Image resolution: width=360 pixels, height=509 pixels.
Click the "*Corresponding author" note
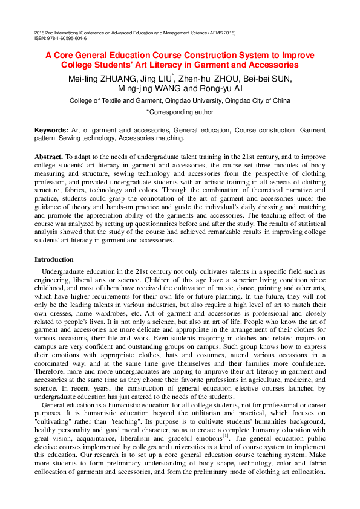[x=180, y=112]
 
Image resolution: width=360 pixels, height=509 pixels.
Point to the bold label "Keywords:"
[x=51, y=130]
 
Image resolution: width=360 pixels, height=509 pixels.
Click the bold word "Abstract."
[x=49, y=157]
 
